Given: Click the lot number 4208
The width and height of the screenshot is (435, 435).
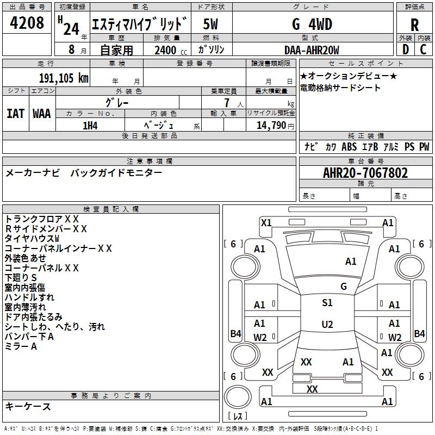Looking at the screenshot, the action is click(27, 23).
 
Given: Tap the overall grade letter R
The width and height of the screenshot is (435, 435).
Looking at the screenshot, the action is click(414, 25).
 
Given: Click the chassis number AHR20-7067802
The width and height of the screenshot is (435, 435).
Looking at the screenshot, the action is click(365, 173).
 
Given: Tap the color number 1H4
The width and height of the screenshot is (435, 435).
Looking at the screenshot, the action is click(90, 126).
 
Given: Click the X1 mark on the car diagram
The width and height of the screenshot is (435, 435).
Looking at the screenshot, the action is click(266, 222).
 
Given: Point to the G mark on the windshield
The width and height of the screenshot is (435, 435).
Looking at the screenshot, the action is click(344, 286).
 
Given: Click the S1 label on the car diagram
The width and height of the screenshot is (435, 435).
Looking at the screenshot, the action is click(327, 303).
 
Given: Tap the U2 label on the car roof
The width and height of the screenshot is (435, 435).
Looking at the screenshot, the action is click(327, 325).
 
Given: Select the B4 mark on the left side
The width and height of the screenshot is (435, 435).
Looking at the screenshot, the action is click(235, 334).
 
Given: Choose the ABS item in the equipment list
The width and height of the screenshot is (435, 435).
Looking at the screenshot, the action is click(349, 147).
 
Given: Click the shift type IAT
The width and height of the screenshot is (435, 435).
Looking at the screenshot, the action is click(15, 114).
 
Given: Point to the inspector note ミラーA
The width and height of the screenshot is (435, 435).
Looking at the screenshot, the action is click(21, 347).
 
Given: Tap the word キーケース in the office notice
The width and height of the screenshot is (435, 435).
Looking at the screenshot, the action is click(28, 407).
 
